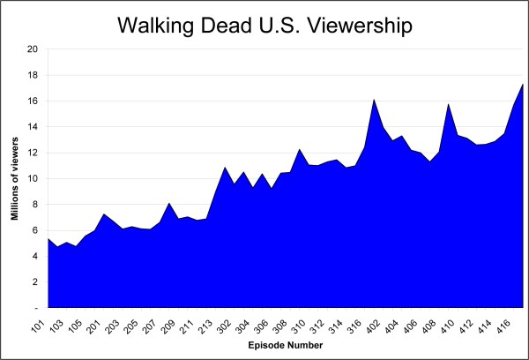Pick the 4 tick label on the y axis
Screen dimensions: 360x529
[x=34, y=257]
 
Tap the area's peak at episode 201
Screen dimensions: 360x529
[x=105, y=214]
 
